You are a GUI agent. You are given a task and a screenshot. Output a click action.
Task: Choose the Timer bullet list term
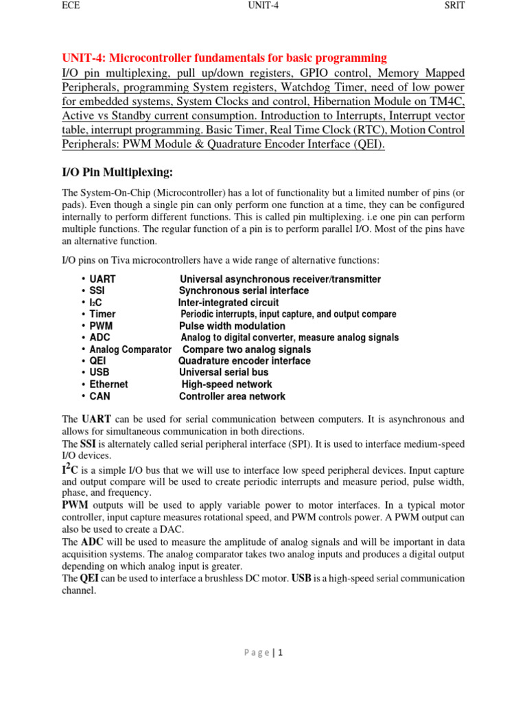(103, 314)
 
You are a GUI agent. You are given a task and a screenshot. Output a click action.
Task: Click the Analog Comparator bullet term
(130, 349)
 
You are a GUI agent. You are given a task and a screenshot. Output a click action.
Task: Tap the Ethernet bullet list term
(108, 384)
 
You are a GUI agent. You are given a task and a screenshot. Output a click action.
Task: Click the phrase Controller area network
(232, 396)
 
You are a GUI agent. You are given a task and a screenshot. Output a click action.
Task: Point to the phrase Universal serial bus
(225, 373)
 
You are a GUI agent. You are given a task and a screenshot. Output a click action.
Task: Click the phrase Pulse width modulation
(232, 326)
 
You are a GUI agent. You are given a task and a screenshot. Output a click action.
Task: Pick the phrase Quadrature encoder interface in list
(244, 361)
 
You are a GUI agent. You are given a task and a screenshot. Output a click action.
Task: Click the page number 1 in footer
(280, 653)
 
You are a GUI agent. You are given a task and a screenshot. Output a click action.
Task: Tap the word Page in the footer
(257, 653)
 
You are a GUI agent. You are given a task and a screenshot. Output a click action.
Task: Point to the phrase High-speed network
(226, 384)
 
